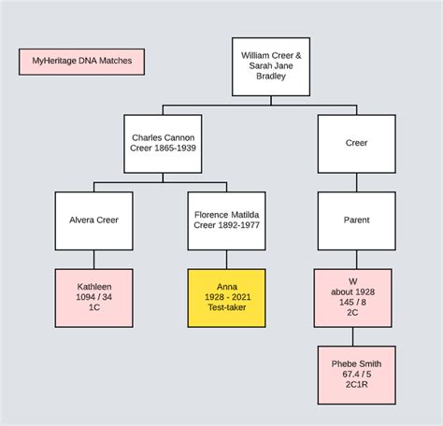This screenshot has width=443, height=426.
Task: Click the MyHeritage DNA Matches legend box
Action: pos(82,62)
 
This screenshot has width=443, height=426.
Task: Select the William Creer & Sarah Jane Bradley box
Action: pos(271,67)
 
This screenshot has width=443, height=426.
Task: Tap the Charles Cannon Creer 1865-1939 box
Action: pos(162,144)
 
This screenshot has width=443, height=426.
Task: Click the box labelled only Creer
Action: pos(356,144)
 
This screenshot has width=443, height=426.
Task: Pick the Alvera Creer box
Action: pos(93,220)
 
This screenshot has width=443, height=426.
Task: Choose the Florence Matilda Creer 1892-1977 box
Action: pos(226,220)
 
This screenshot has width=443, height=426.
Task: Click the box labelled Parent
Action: pos(356,220)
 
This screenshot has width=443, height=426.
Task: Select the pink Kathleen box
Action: pos(93,298)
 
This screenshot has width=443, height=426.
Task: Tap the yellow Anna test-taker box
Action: pos(226,298)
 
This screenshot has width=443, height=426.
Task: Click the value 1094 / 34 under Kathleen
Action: pos(93,298)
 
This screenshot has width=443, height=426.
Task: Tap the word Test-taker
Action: pos(226,308)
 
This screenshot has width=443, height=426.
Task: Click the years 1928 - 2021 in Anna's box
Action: pos(226,298)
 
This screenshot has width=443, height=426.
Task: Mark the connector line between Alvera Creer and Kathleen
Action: pos(93,260)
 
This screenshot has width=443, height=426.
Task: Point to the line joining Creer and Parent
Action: pos(356,182)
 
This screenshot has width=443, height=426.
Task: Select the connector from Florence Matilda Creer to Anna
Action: pos(226,260)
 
